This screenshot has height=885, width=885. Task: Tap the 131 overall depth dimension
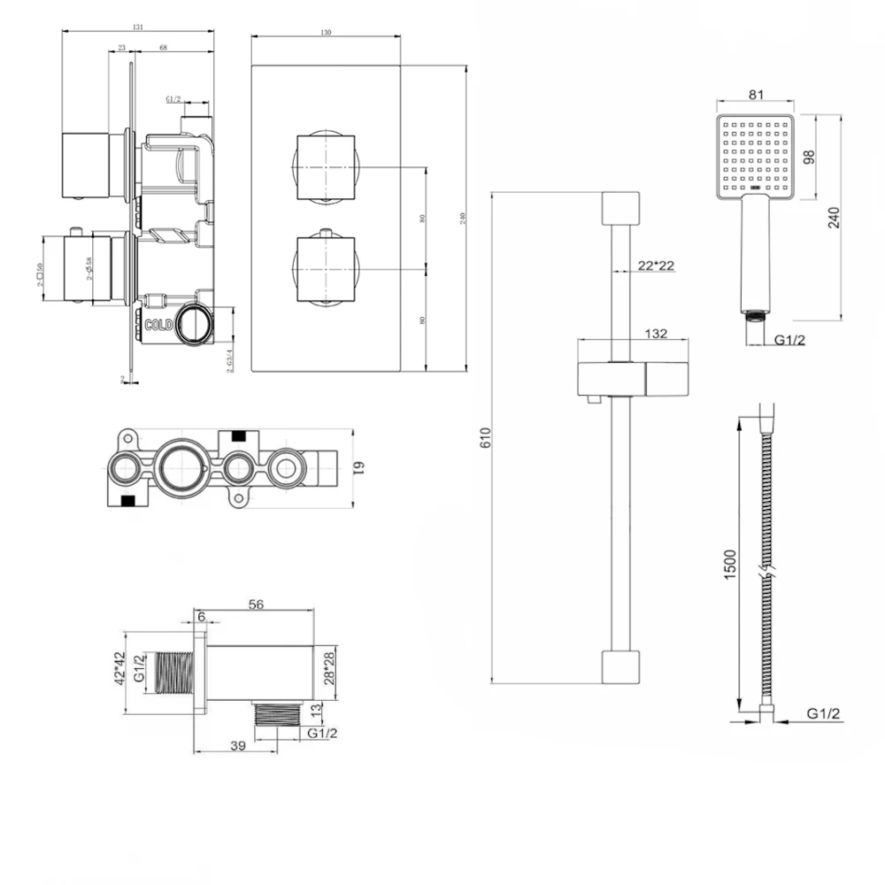137,27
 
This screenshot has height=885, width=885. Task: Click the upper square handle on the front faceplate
324,167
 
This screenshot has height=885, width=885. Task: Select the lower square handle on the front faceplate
324,268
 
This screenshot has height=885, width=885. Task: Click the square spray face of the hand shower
756,156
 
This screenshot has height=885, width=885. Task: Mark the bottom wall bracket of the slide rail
619,666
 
